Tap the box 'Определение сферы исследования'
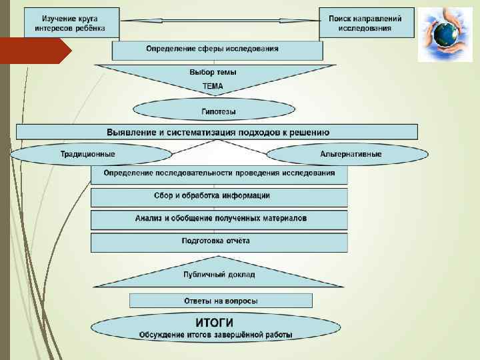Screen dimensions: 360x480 (x=217, y=50)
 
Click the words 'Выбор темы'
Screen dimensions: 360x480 (x=213, y=72)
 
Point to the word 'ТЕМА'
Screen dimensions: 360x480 (x=213, y=87)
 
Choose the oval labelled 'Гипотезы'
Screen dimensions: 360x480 (x=215, y=111)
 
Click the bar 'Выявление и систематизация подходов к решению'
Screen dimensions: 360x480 (x=217, y=132)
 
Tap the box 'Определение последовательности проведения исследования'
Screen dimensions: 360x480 (x=219, y=173)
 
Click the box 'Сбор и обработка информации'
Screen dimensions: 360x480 (x=219, y=196)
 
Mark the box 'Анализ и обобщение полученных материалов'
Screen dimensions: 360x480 (x=219, y=219)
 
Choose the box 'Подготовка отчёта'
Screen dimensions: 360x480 (x=219, y=241)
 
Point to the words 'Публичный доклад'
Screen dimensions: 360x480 (x=219, y=274)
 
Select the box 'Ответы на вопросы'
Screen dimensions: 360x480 (x=220, y=301)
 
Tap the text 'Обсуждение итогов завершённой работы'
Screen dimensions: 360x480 (x=215, y=335)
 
